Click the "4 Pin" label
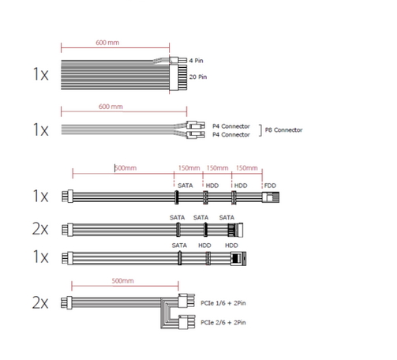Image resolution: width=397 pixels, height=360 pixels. tap(196, 61)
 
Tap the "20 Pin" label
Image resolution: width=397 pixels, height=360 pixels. tap(198, 77)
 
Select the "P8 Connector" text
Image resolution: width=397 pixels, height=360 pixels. tap(283, 130)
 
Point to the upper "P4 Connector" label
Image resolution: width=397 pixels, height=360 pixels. tap(231, 126)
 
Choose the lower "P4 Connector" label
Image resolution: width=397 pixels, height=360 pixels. tap(231, 135)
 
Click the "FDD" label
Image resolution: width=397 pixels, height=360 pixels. tap(270, 186)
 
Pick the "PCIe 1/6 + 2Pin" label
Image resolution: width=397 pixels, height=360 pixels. tap(223, 303)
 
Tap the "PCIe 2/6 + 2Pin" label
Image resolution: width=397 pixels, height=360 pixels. tap(223, 322)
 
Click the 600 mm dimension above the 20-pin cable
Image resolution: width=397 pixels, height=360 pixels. tap(107, 43)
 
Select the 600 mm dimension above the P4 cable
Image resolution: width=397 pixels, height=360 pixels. tap(110, 107)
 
